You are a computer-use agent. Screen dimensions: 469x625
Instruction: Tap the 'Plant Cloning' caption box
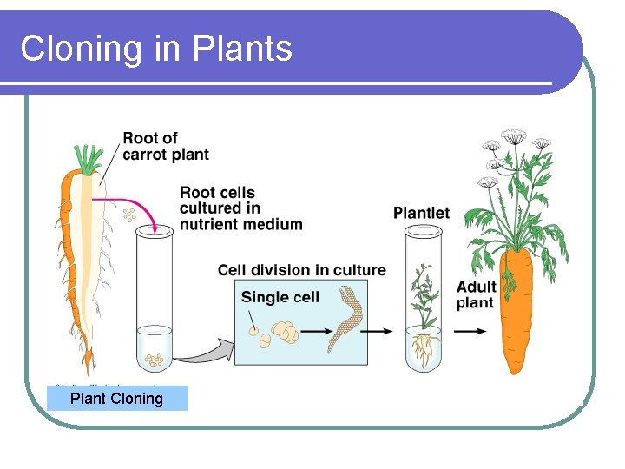(x=116, y=399)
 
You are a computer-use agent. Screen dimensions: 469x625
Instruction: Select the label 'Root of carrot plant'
(x=166, y=146)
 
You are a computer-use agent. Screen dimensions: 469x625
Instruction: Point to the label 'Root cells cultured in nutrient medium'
(x=240, y=208)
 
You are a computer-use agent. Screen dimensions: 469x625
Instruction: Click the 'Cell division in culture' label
(x=301, y=270)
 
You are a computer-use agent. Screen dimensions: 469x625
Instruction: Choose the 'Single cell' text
(x=280, y=297)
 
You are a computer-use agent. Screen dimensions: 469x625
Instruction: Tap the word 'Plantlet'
(x=421, y=213)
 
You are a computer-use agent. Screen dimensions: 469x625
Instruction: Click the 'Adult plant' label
(x=476, y=294)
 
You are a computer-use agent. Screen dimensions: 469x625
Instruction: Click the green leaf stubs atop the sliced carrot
(x=88, y=159)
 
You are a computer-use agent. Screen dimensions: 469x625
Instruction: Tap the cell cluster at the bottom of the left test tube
(x=155, y=357)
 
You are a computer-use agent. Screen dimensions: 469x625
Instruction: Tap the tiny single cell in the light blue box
(x=252, y=330)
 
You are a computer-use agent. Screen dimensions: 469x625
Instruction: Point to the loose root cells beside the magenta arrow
(x=130, y=215)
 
